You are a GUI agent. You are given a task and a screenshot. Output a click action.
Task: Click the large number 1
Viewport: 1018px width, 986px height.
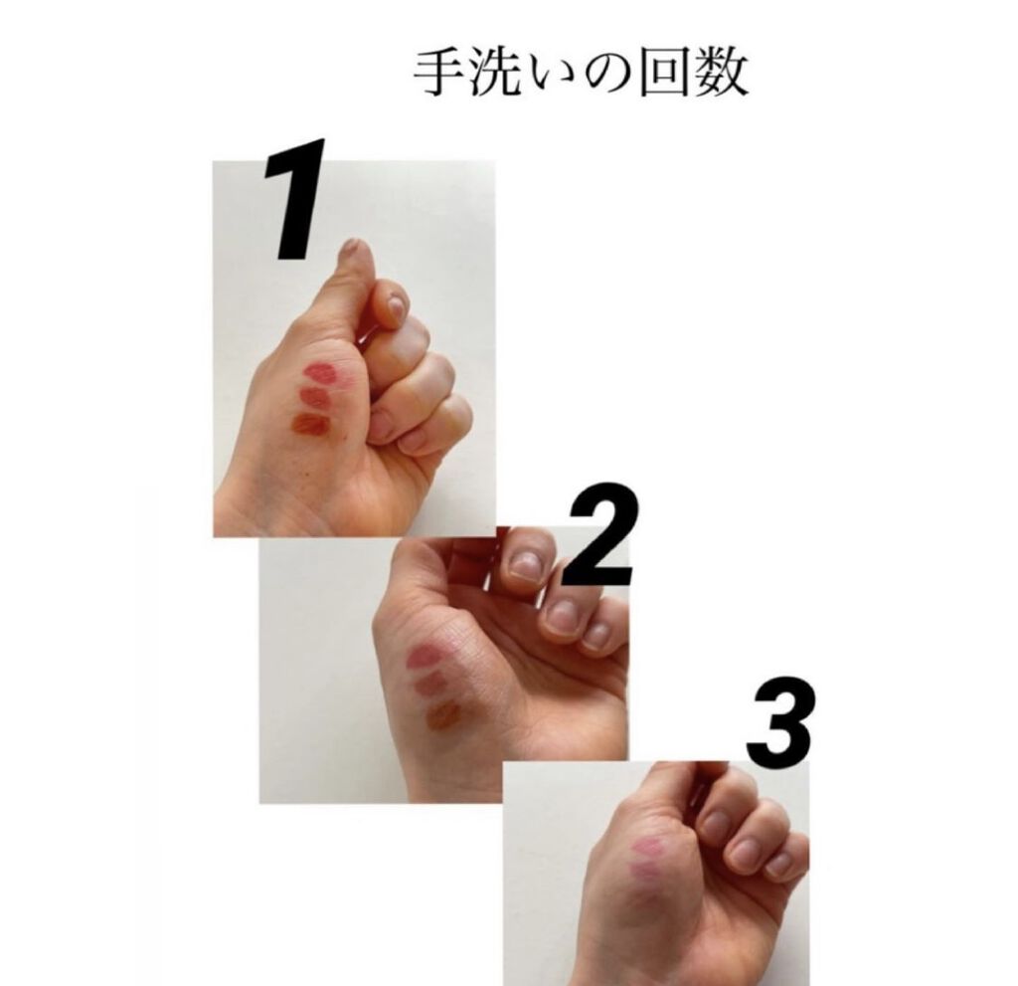[x=295, y=200]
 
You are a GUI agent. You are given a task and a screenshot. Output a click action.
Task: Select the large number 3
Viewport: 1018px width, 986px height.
[x=779, y=723]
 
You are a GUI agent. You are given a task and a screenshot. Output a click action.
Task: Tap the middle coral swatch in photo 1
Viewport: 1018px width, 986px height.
[x=316, y=398]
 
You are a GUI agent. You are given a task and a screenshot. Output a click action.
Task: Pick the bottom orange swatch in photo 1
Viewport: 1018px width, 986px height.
[x=310, y=425]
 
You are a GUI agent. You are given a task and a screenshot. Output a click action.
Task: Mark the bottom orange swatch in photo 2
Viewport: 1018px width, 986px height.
[x=444, y=715]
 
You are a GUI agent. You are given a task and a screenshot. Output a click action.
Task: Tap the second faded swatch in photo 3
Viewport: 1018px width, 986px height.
[x=644, y=870]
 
